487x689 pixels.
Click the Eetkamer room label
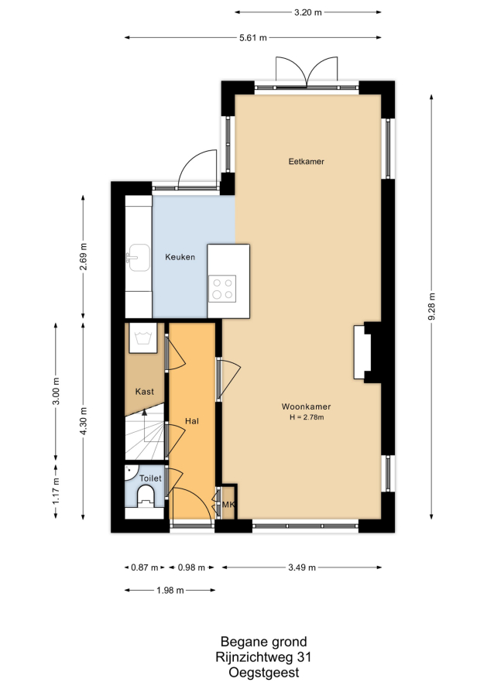pos(306,161)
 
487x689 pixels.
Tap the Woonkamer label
pos(306,406)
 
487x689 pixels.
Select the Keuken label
pos(180,257)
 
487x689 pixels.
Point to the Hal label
pos(192,421)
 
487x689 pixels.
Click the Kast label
pos(145,392)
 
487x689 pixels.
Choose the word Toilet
pos(150,478)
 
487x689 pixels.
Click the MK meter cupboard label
pos(228,505)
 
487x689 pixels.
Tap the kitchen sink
pos(138,258)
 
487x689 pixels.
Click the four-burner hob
pos(222,289)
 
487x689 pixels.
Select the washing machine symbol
pos(142,338)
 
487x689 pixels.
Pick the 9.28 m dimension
pos(431,307)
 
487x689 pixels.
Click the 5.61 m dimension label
pos(253,38)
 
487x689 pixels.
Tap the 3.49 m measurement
pos(302,567)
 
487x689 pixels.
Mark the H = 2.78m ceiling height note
pos(307,417)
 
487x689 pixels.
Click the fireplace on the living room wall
pos(368,352)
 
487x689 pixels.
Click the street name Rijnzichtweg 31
pos(263,657)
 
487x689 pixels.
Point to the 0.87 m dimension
pos(145,567)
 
